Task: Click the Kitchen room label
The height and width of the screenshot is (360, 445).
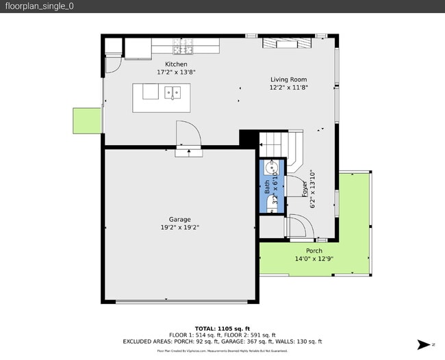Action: [x=172, y=64]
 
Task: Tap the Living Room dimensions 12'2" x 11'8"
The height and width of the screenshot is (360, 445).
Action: [x=288, y=88]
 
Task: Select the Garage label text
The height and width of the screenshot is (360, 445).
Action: [x=180, y=220]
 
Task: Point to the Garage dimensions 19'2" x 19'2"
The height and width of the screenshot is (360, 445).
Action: [x=180, y=227]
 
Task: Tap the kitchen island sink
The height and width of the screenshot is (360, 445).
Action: [x=173, y=90]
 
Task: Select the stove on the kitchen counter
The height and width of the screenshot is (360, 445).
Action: [x=183, y=47]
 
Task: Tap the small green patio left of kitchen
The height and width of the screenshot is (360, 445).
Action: [x=87, y=120]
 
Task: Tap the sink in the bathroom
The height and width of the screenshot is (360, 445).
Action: [x=272, y=166]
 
